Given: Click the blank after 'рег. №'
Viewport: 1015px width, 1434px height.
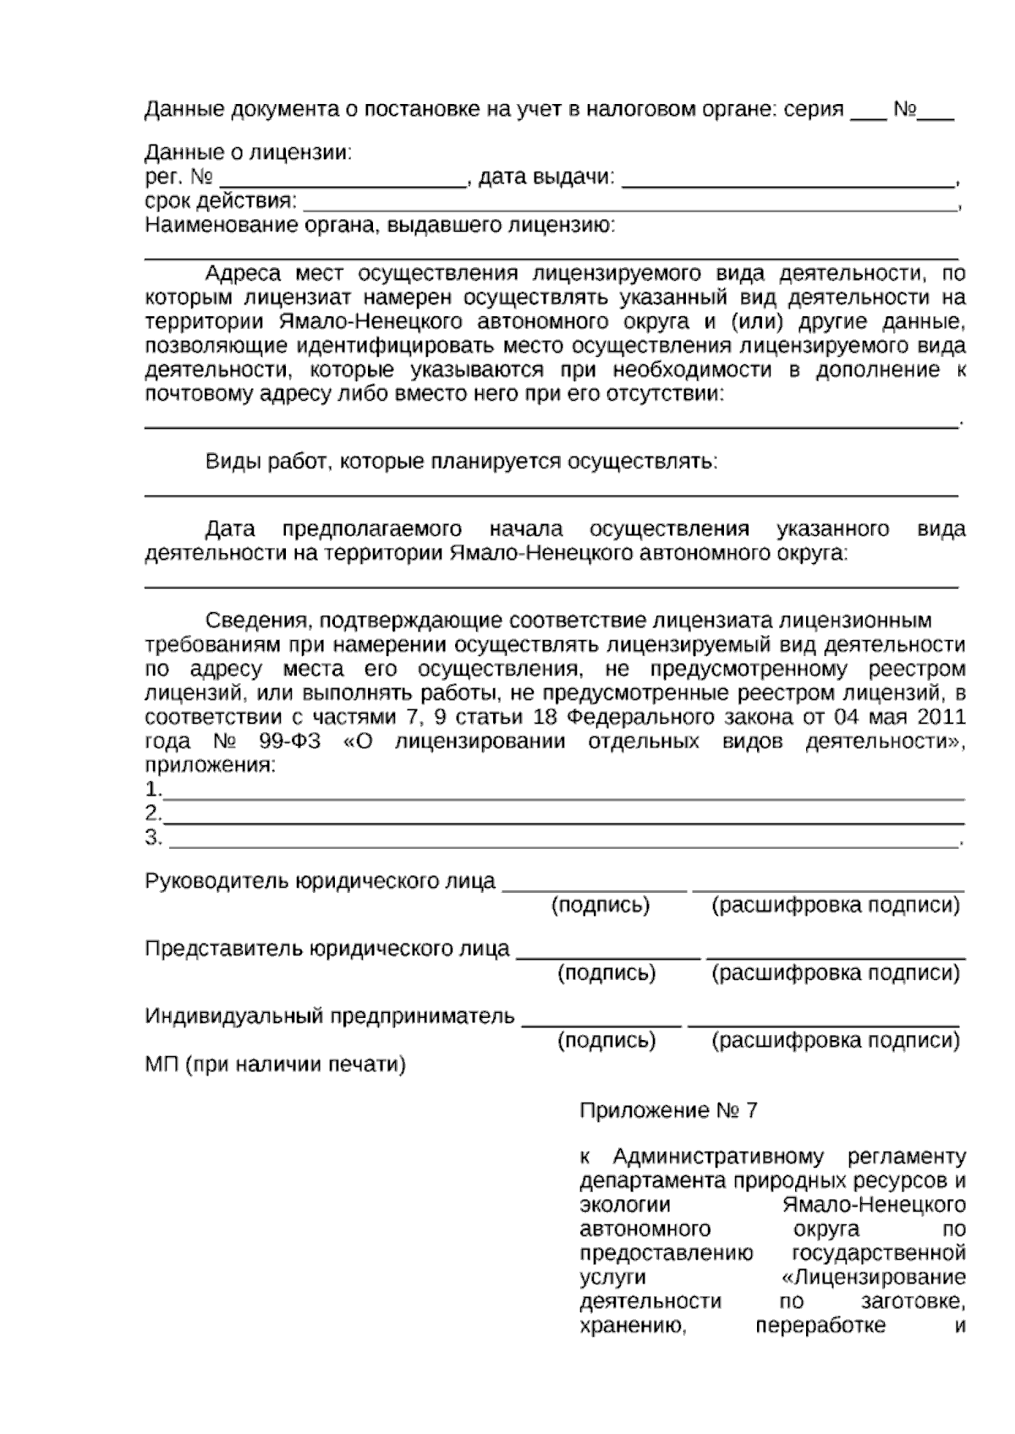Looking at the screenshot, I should [343, 181].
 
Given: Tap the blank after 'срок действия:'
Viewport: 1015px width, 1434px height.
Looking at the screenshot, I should [629, 205].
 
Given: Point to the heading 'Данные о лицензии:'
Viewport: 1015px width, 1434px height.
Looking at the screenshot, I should [248, 153].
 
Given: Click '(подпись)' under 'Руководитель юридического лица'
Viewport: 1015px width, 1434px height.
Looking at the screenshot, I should [601, 906].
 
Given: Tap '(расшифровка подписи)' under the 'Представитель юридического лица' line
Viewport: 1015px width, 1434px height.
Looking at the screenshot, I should [836, 973].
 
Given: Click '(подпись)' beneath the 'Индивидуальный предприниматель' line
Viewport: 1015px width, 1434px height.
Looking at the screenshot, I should [606, 1041].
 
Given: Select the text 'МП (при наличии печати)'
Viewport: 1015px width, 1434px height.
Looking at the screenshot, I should [275, 1065].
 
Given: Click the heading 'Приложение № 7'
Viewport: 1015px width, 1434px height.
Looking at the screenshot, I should [668, 1110].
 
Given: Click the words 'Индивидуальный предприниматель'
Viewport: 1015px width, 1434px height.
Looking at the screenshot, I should [330, 1015].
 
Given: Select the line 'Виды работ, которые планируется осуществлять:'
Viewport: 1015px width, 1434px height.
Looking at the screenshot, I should [461, 462].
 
